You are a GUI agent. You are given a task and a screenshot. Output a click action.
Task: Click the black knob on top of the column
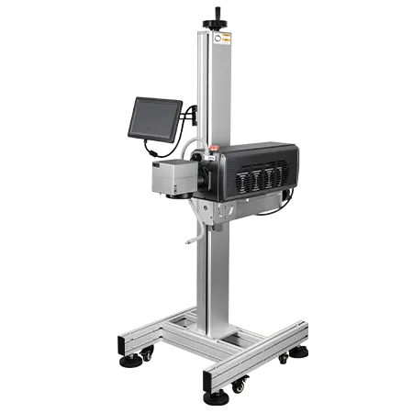(218, 17)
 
